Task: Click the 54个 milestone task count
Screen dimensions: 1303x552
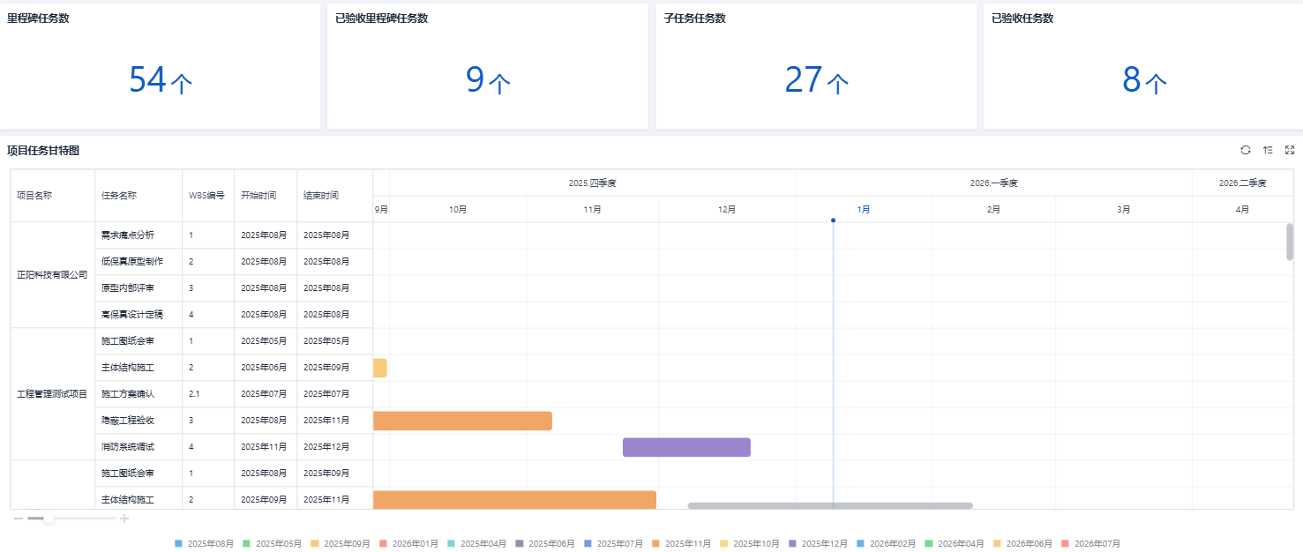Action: coord(160,79)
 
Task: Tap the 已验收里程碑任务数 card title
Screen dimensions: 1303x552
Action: coord(382,19)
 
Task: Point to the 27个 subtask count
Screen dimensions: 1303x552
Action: coord(816,79)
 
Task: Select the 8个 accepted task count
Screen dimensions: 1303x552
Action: coord(1144,79)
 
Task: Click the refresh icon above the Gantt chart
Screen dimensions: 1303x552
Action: coord(1246,150)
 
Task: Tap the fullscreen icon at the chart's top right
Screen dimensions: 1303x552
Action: coord(1290,150)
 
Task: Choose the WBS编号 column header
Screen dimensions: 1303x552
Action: coord(206,196)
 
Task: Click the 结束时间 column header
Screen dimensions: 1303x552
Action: coord(320,196)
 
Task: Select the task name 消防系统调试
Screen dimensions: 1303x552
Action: coord(128,447)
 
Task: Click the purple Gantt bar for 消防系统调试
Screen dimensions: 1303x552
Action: coord(686,447)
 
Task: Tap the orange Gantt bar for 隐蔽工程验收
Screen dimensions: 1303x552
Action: coord(462,421)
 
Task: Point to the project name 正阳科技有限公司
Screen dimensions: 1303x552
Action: coord(52,274)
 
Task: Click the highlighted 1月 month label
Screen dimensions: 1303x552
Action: coord(864,209)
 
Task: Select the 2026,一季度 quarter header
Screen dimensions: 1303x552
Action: coord(993,183)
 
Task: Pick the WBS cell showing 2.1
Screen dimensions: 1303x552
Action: coord(194,394)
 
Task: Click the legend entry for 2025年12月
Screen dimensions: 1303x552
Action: coord(818,543)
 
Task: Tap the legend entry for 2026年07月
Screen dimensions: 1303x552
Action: coord(1090,543)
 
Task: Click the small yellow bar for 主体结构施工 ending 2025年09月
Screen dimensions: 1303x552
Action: coord(380,368)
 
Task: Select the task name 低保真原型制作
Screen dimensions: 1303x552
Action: coord(132,261)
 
